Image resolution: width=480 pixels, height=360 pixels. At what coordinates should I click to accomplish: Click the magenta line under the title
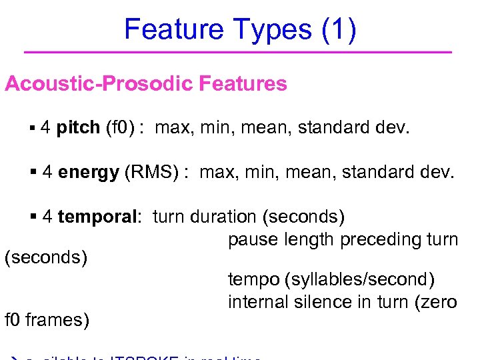point(237,52)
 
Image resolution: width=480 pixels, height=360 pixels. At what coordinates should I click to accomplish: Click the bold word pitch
point(79,127)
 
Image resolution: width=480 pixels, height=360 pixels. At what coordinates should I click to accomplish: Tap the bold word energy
point(89,172)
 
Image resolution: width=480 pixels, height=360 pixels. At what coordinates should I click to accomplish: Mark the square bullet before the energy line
point(35,172)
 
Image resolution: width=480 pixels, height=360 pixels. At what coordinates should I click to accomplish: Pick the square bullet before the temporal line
point(35,217)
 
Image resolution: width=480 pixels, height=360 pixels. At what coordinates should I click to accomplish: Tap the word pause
point(251,239)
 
